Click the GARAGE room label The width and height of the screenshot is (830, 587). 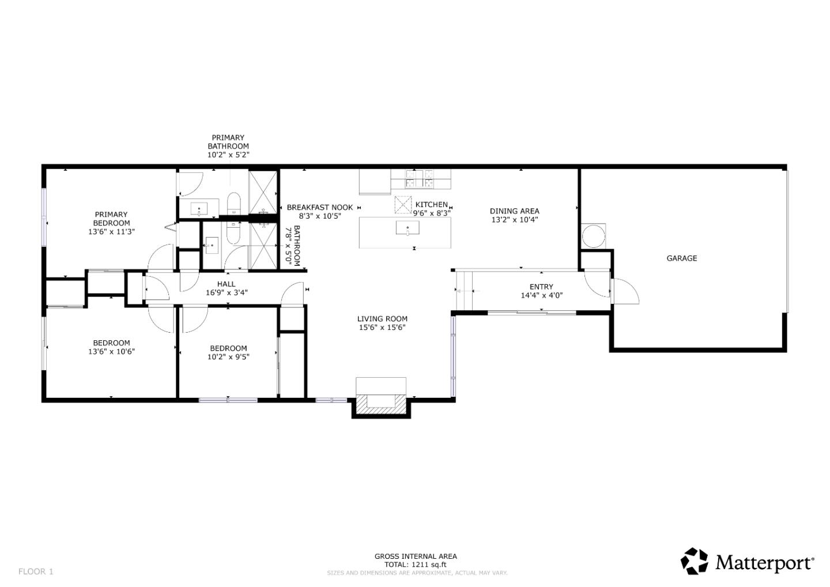pos(681,258)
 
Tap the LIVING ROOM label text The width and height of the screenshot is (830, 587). pos(382,319)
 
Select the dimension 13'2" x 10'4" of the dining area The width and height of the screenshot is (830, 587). pos(514,220)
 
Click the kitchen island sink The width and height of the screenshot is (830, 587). pos(408,228)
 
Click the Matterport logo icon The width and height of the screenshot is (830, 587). pos(695,561)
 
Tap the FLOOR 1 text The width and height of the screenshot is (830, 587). pos(36,571)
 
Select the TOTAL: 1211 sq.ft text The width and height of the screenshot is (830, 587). pos(416,565)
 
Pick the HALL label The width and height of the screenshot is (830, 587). pos(226,284)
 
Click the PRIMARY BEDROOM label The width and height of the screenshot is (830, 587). pos(111,219)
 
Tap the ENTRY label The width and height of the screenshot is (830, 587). pos(541,287)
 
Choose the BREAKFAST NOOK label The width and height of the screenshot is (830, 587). pos(319,208)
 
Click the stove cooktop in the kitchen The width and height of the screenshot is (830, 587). pos(420,178)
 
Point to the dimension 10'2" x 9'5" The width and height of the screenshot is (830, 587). pos(228,356)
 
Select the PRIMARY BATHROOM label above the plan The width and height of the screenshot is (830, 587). pos(228,142)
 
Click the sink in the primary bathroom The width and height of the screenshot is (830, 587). pos(199,208)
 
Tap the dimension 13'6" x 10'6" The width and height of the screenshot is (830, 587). pos(111,351)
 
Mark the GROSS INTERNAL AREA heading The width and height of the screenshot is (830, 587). pos(416,556)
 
